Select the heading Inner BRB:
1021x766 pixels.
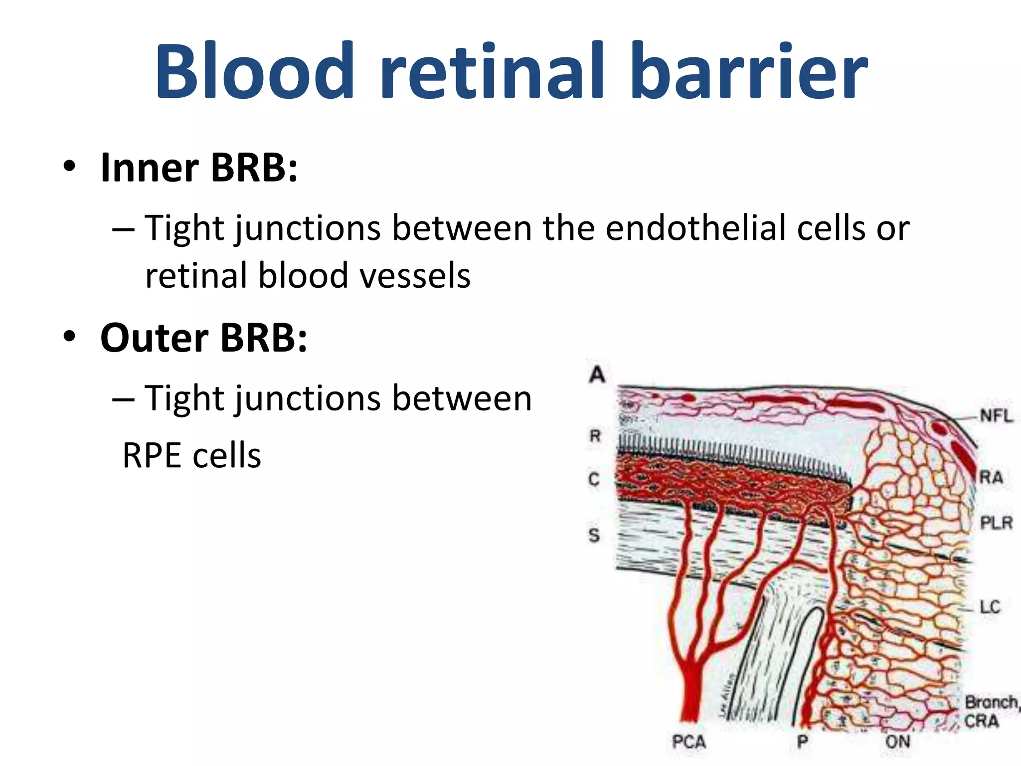tap(198, 168)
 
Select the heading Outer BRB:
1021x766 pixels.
tap(203, 338)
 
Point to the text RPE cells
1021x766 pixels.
tap(191, 456)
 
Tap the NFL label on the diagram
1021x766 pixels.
tap(996, 416)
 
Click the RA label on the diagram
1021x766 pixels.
tap(991, 477)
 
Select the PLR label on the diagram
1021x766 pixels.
tap(996, 523)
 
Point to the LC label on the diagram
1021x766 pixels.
tap(990, 607)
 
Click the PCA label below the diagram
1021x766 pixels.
tap(689, 742)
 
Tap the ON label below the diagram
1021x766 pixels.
tap(897, 742)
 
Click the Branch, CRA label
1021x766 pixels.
tap(990, 712)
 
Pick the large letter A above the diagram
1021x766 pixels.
tap(597, 374)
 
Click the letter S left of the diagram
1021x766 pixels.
tap(594, 535)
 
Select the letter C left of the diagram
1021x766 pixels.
tap(594, 479)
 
